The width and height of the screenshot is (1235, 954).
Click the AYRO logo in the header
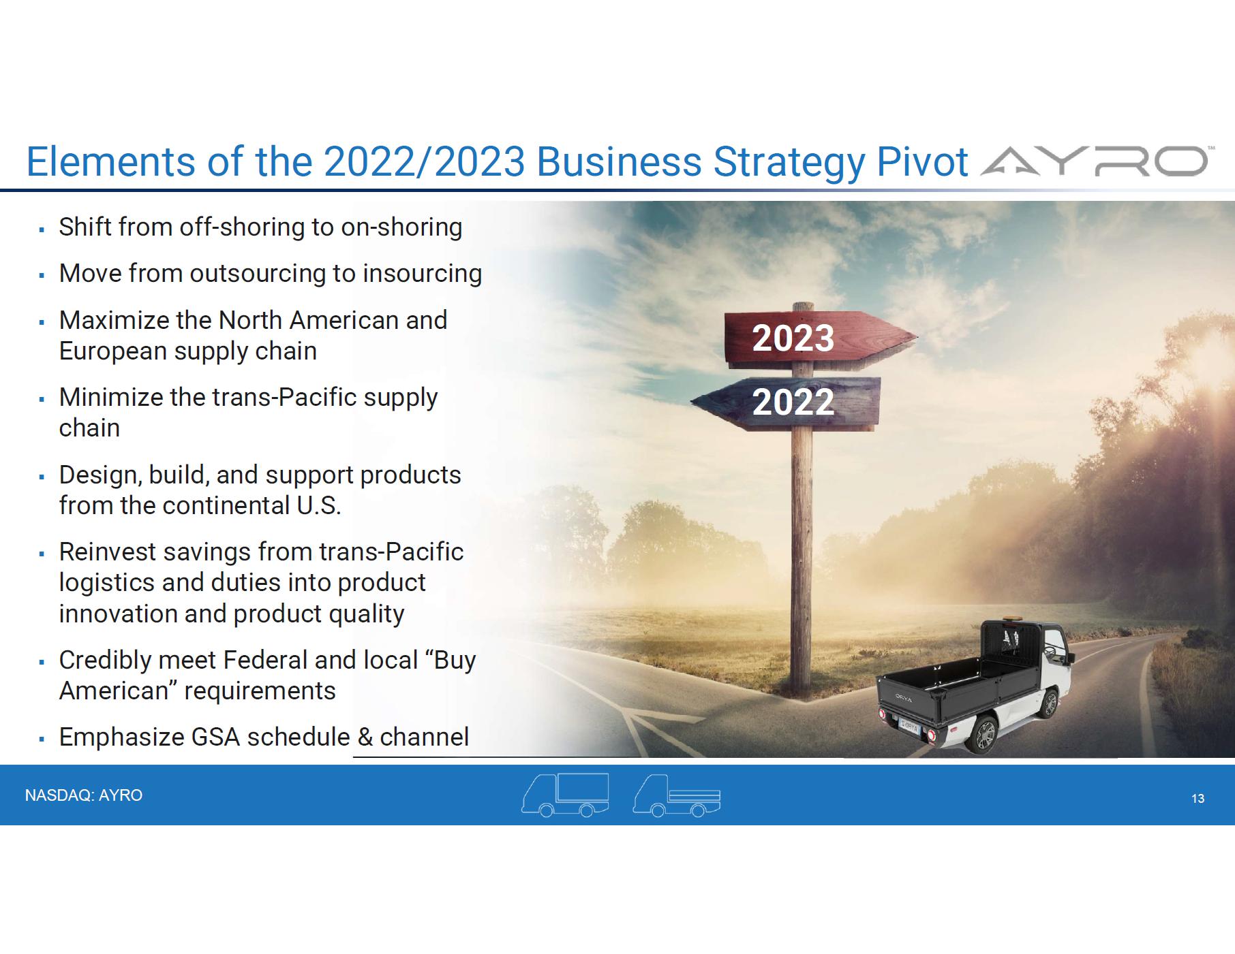[x=1093, y=162]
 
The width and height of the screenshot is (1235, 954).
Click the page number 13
[x=1198, y=799]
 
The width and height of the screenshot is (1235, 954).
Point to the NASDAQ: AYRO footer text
[x=84, y=795]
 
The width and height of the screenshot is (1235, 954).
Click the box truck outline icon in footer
[x=565, y=795]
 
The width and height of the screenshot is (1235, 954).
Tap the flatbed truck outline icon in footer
[x=677, y=795]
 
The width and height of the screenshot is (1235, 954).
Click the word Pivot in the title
[x=922, y=162]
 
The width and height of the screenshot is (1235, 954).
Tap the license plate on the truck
[x=909, y=725]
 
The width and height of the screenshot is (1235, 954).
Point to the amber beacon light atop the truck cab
[x=1005, y=621]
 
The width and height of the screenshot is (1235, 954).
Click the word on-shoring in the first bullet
[x=401, y=228]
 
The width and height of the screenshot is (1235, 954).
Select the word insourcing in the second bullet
[x=423, y=274]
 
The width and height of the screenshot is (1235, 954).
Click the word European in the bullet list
[x=112, y=352]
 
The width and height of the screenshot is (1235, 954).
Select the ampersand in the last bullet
[x=365, y=737]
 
